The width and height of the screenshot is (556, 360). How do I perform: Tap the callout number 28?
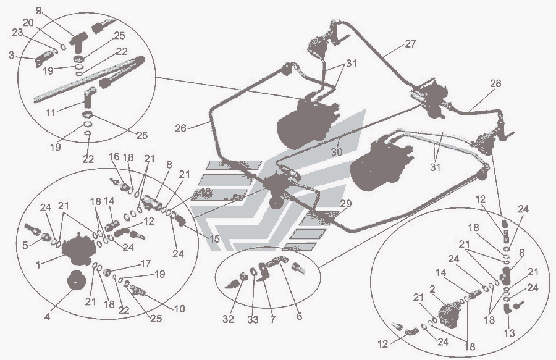pos(496,83)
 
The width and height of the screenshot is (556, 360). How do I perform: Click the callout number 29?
pos(345,204)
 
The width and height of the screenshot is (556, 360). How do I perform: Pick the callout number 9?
pos(38,10)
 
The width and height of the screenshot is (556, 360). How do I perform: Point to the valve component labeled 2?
pos(450,311)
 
